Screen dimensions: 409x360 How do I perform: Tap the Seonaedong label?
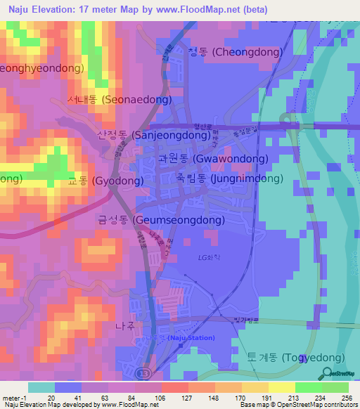coord(119,100)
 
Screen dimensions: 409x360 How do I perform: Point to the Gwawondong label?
coord(212,159)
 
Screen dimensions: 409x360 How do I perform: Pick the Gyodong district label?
coord(105,181)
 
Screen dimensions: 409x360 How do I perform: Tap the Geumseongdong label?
coord(161,220)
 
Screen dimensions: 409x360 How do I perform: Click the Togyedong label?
coord(295,358)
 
